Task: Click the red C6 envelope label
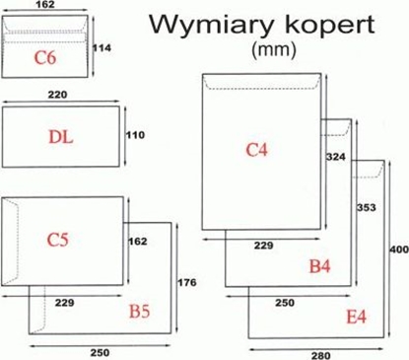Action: pos(45,57)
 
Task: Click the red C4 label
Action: pos(257,149)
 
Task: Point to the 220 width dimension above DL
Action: pos(59,96)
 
